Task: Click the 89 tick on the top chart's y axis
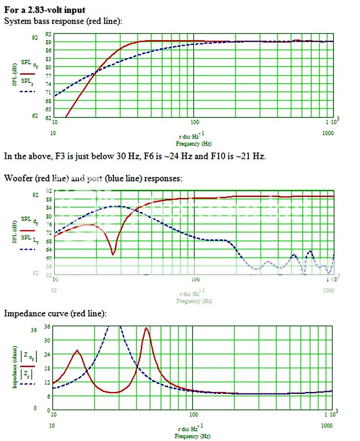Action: (49, 42)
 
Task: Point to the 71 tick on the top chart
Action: (49, 92)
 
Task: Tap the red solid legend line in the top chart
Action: (28, 73)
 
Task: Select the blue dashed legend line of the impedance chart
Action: (27, 384)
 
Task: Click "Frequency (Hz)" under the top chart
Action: (193, 144)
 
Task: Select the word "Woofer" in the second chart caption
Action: (16, 178)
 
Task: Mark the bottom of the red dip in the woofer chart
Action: (113, 255)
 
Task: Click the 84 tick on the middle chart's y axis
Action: (49, 207)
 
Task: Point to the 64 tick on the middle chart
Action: (49, 249)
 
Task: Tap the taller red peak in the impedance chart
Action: (146, 328)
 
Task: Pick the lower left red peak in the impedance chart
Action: (77, 350)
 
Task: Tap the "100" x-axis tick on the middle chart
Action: (195, 279)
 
